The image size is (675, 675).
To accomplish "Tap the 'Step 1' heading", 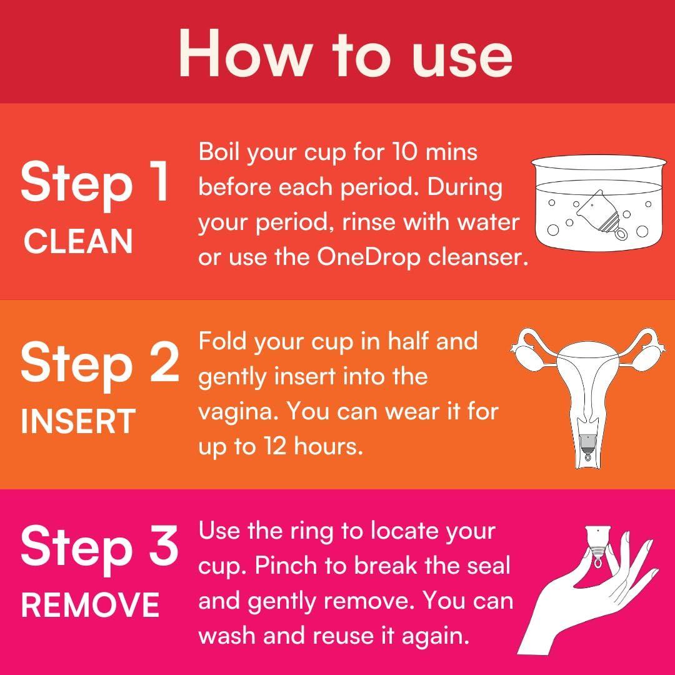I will pos(95,183).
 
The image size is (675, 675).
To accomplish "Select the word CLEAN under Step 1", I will pos(78,241).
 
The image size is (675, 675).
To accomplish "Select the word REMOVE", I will pos(90,604).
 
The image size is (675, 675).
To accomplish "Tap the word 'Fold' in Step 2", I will pos(219,342).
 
